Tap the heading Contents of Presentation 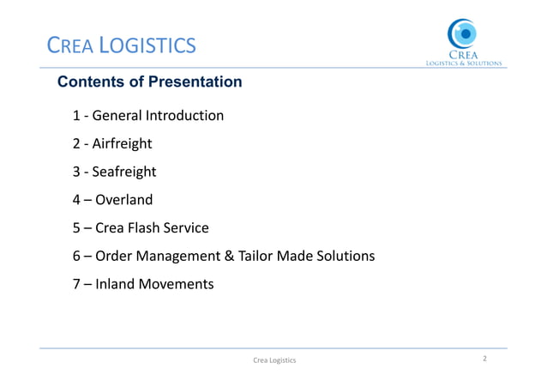[x=149, y=82]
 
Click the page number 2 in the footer [x=485, y=359]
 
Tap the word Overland [x=124, y=200]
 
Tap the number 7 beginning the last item [x=76, y=283]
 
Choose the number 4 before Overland [x=76, y=200]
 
